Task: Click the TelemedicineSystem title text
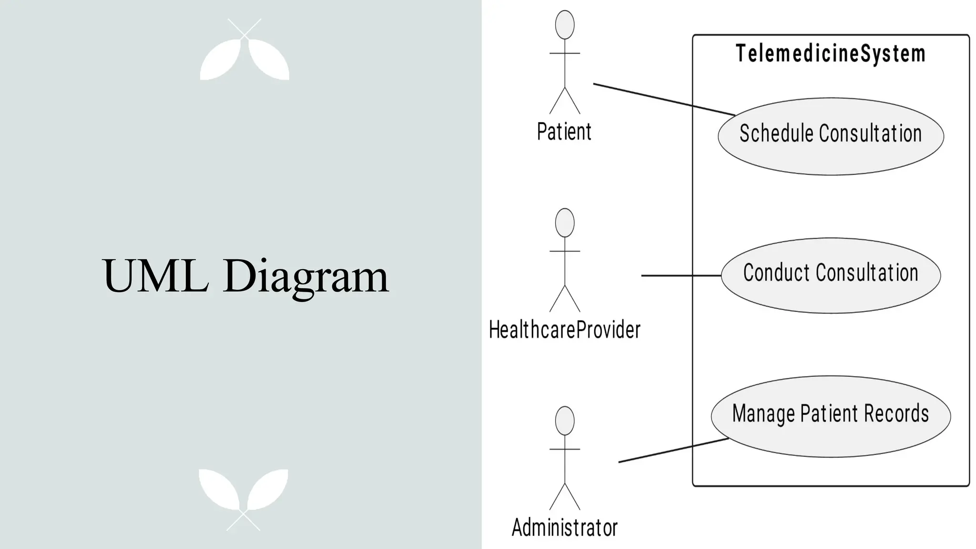tap(831, 53)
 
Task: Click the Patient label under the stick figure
tap(564, 132)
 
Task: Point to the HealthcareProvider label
tap(565, 330)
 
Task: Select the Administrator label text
tap(565, 528)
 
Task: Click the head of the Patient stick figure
tap(565, 25)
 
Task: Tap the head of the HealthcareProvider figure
tap(565, 223)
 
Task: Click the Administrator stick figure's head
tap(565, 421)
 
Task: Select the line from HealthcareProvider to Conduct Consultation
tap(681, 275)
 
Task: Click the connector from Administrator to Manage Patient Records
tap(672, 450)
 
